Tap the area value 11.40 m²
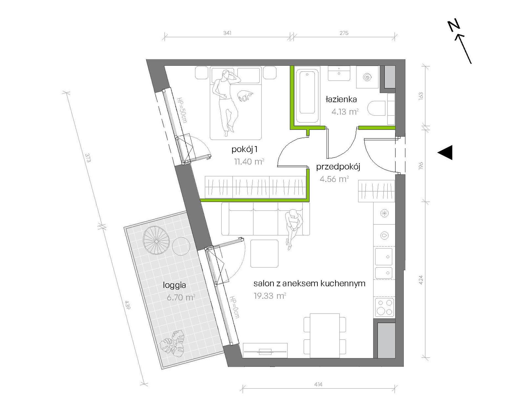(x=249, y=161)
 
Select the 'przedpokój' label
(x=338, y=167)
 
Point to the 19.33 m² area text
(x=270, y=296)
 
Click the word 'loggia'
(x=174, y=285)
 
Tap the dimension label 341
(x=227, y=33)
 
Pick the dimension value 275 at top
(x=344, y=33)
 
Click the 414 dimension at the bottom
(x=318, y=384)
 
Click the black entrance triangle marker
(x=445, y=152)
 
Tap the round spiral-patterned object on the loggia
(x=156, y=241)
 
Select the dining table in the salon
(x=325, y=335)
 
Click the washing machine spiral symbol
(x=367, y=77)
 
